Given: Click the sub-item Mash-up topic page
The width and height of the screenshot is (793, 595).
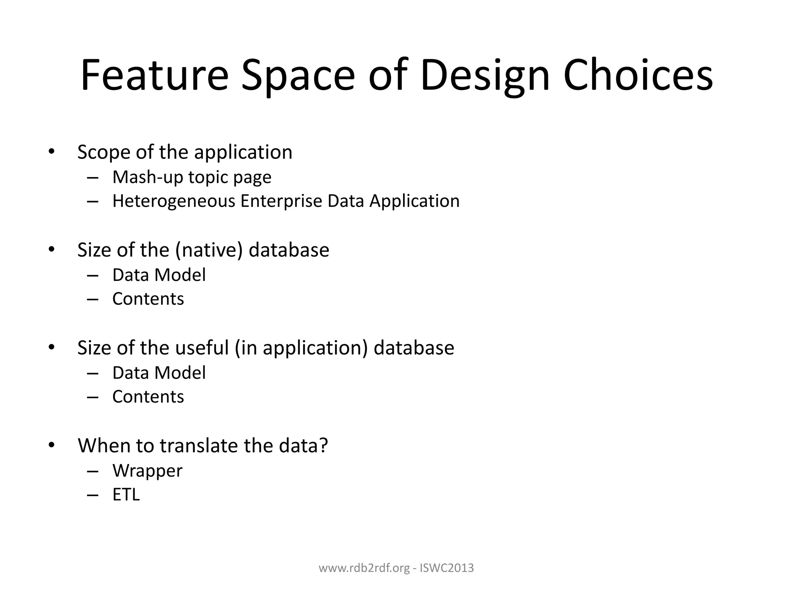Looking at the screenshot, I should click(x=192, y=177).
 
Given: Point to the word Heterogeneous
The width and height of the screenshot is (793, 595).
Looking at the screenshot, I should click(x=173, y=201).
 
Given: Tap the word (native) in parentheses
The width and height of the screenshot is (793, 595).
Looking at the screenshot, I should click(x=209, y=250).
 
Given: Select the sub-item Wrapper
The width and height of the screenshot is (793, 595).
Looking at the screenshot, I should click(x=147, y=471).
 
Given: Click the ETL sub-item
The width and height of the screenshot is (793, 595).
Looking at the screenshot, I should click(x=126, y=495).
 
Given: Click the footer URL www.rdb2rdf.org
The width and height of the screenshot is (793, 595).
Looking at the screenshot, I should click(x=364, y=568).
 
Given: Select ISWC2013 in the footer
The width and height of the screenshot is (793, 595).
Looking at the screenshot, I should click(x=447, y=568).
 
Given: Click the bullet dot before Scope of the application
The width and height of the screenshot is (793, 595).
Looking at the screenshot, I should click(x=52, y=152).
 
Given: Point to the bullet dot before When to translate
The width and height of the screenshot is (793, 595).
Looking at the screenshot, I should click(x=52, y=445).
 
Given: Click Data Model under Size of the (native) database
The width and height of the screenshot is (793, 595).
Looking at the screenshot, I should click(x=159, y=275).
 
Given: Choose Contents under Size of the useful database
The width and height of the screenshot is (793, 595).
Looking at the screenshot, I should click(x=148, y=397).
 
